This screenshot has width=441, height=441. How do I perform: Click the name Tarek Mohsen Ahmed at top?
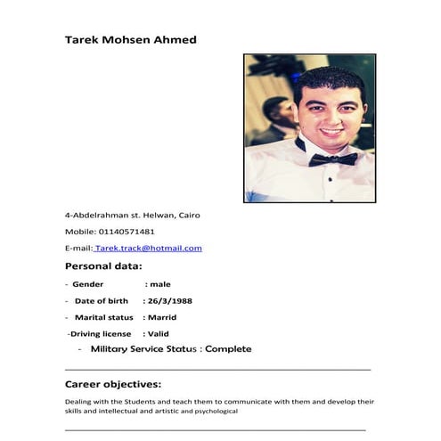click(x=130, y=40)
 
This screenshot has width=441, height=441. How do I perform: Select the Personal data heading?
click(x=103, y=266)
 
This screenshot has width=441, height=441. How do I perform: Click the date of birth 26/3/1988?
click(x=170, y=301)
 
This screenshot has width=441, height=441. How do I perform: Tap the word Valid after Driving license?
click(x=159, y=333)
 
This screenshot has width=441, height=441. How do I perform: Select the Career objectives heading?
click(x=113, y=385)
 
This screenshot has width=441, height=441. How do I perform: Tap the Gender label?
click(x=88, y=284)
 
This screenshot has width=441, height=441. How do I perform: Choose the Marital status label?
click(x=104, y=317)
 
